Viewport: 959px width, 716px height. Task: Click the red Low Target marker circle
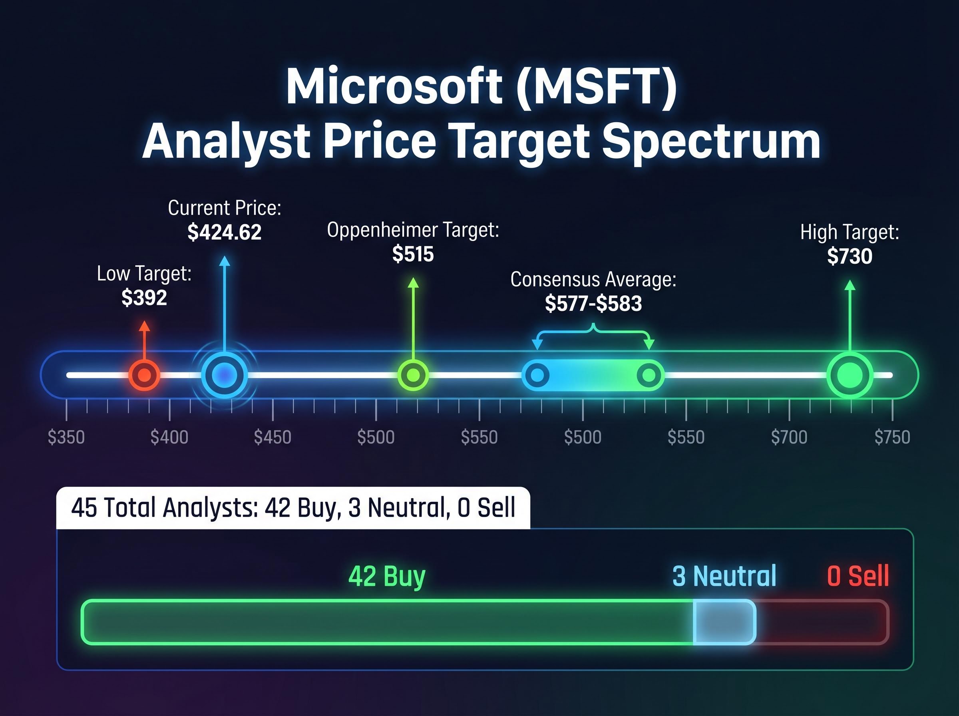[x=144, y=375]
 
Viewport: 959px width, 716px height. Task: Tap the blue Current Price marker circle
[x=224, y=375]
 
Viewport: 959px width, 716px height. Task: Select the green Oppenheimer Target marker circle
[x=413, y=375]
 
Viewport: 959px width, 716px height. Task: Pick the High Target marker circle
[x=850, y=375]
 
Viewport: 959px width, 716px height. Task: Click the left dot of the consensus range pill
[x=537, y=375]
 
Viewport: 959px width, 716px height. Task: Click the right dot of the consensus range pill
[x=649, y=375]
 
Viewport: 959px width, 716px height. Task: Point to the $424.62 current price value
[x=225, y=232]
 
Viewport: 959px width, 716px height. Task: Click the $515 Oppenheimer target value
[x=413, y=254]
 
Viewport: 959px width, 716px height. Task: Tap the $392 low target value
[x=144, y=298]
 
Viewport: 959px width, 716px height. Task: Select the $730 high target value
[x=850, y=256]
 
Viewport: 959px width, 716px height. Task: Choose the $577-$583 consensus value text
[x=593, y=303]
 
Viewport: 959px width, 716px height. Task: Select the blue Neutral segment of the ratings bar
[x=724, y=622]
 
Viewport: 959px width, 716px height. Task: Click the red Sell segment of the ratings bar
[x=821, y=622]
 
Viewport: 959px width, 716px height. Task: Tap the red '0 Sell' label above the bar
[x=858, y=576]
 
